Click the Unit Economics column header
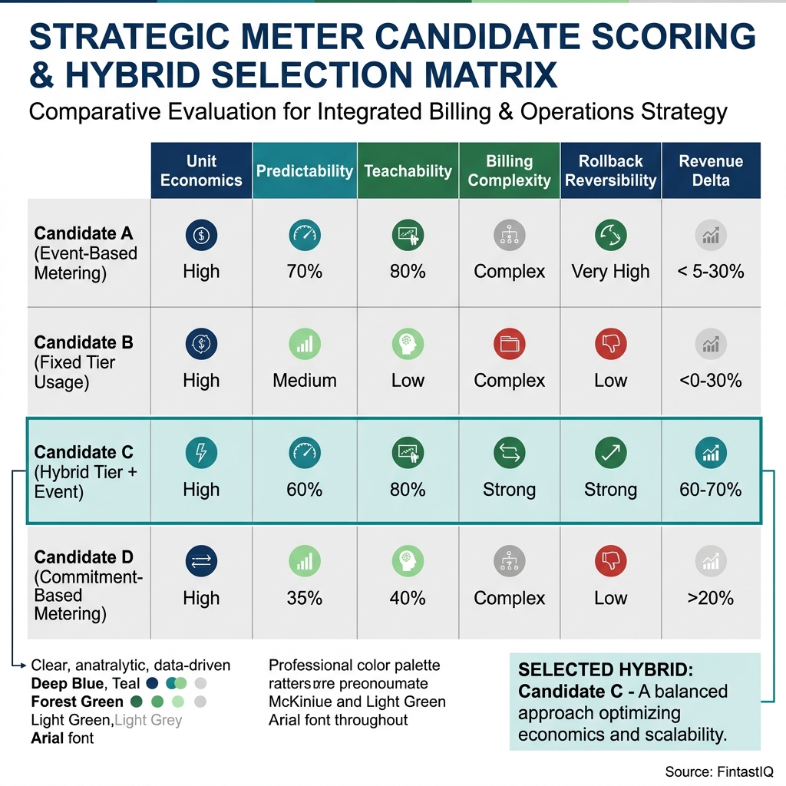201,170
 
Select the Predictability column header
305,170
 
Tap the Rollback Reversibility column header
610,170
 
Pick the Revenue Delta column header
711,170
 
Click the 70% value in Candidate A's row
305,272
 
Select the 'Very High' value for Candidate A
610,272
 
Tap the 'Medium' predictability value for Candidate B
305,381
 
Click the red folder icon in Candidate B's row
509,345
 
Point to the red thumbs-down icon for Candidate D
610,562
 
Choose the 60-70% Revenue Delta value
711,490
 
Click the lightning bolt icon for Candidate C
201,454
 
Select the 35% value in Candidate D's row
305,598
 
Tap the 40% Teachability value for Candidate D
408,598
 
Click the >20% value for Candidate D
711,598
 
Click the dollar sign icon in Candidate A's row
201,236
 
